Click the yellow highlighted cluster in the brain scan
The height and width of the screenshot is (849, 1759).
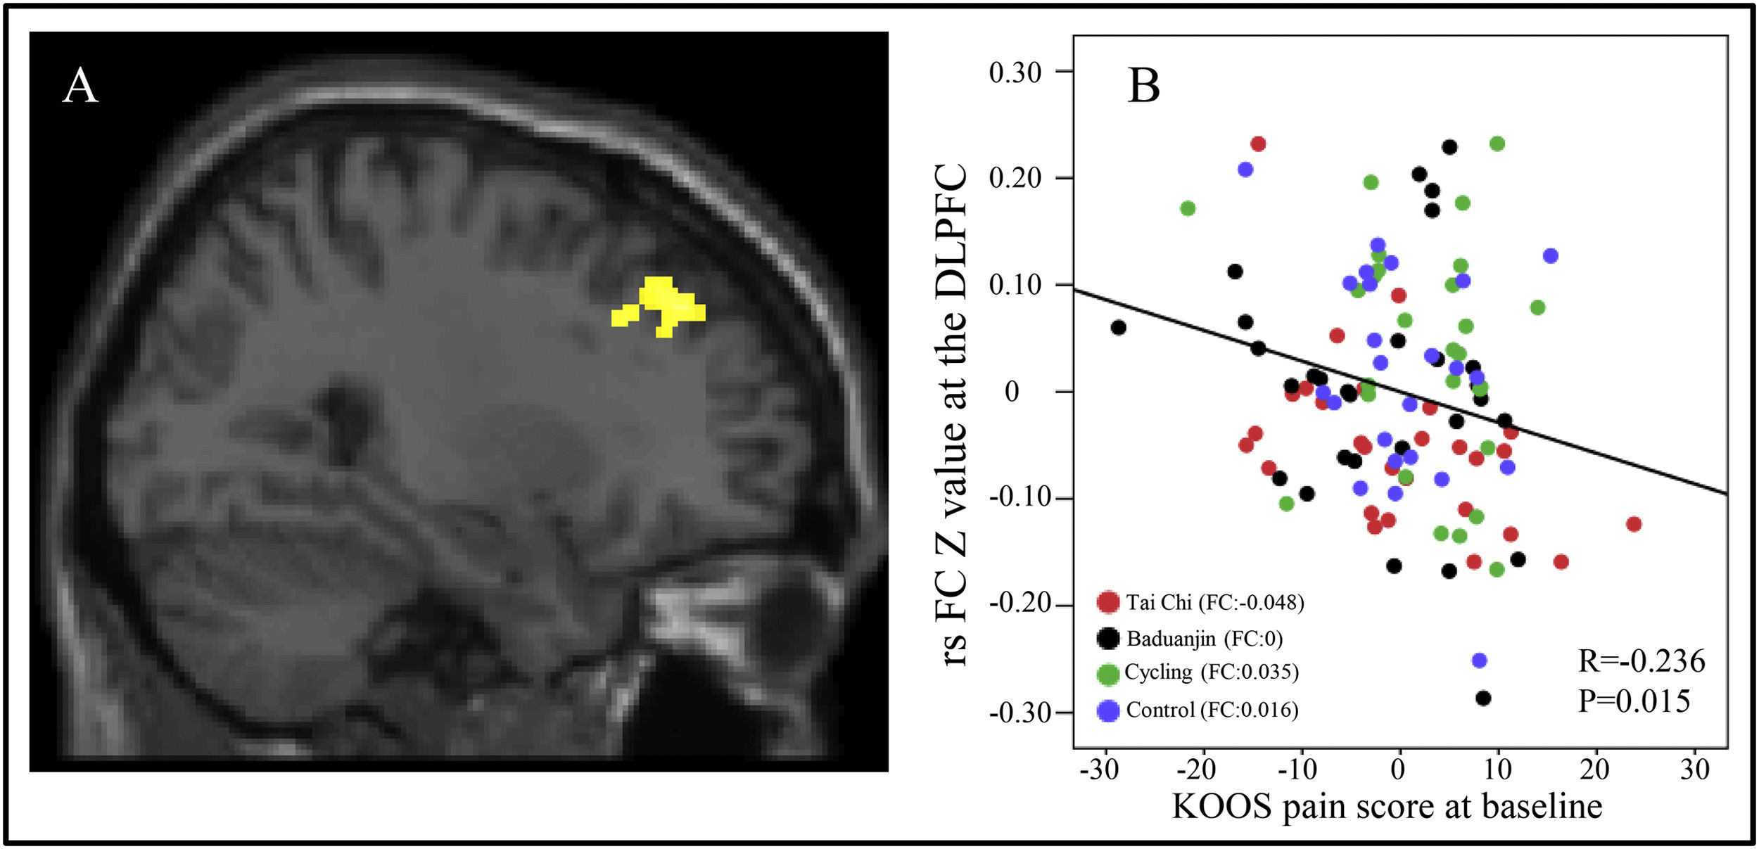pos(661,307)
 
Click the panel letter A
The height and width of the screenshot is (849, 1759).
pos(80,87)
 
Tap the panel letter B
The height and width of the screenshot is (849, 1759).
pos(1143,87)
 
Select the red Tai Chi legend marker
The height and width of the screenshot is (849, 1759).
pos(1108,602)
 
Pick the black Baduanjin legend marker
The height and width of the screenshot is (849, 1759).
pos(1108,638)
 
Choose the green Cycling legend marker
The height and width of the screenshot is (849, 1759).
pos(1108,674)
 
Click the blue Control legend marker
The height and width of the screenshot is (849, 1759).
pos(1108,710)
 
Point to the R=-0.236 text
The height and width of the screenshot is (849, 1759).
pos(1641,661)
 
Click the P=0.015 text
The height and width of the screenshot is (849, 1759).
pos(1634,701)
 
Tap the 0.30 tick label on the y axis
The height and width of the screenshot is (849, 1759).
pos(1015,72)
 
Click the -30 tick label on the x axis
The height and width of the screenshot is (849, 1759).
pos(1099,770)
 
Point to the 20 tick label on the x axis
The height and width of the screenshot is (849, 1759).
pos(1594,770)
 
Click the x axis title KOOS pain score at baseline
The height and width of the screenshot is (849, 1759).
pos(1387,807)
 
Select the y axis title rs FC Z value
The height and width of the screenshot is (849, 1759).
pos(951,415)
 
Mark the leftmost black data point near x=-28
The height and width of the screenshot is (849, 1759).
pos(1118,328)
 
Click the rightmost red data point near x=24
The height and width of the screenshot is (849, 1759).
pos(1634,524)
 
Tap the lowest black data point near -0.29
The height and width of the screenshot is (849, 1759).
pos(1483,698)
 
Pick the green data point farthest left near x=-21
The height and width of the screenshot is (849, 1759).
pos(1188,208)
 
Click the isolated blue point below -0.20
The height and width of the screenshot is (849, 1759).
pos(1479,660)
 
